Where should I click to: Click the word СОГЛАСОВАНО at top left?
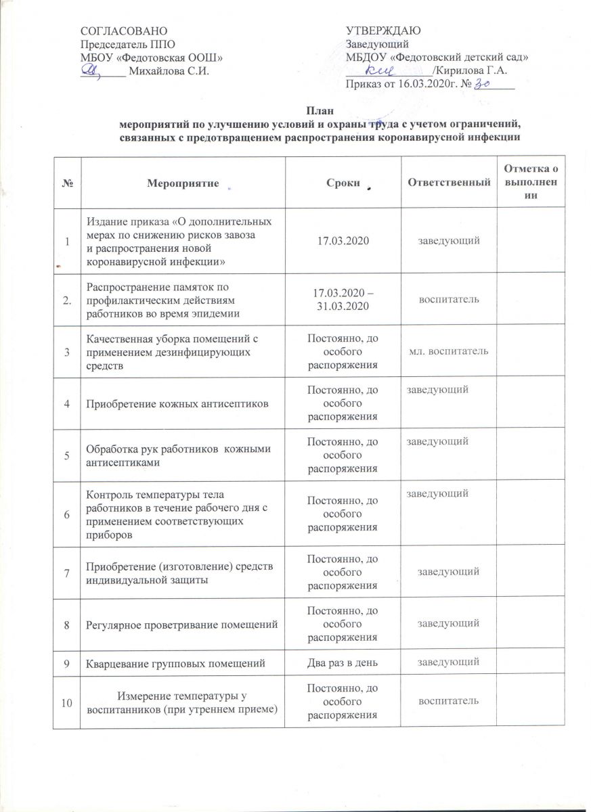(122, 31)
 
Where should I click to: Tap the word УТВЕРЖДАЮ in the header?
(384, 31)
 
